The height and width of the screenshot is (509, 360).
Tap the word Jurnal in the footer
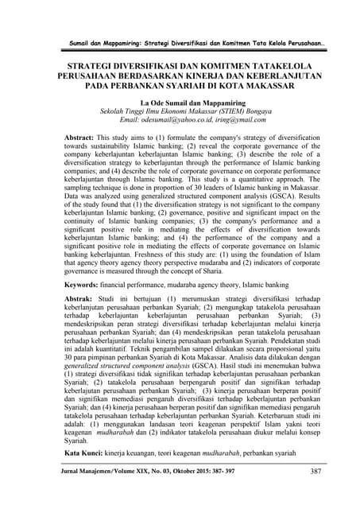[62, 494]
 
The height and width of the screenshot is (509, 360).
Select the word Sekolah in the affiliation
[107, 112]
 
